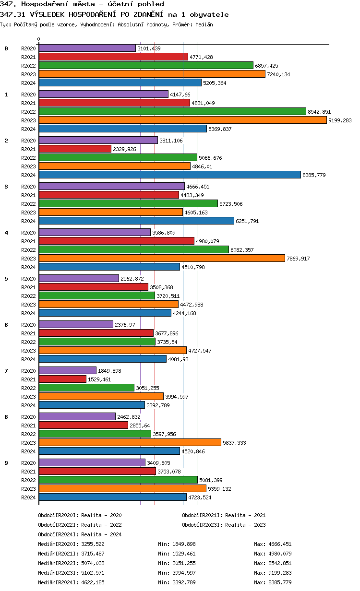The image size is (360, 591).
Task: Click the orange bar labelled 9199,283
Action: point(182,120)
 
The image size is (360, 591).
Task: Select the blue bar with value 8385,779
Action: point(169,175)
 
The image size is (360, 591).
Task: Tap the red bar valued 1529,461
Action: point(62,379)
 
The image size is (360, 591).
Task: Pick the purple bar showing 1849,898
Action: point(67,370)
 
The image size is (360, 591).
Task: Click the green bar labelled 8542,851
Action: point(172,111)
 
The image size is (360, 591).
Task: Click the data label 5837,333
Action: point(234,443)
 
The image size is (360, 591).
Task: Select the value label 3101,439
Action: point(149,48)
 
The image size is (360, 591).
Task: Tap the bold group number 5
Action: point(6,278)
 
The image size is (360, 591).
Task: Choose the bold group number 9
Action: point(6,462)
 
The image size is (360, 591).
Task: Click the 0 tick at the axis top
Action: point(39,39)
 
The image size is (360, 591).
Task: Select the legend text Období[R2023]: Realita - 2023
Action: point(224,525)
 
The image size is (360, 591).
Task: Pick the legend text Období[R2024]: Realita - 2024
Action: point(80,534)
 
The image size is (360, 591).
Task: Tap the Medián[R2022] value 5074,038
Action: point(93,563)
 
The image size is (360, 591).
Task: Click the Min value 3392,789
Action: point(184,582)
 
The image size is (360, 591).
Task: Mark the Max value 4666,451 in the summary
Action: point(280,544)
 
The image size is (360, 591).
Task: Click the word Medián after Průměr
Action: point(204,24)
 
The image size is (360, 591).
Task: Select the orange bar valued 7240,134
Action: point(152,74)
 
